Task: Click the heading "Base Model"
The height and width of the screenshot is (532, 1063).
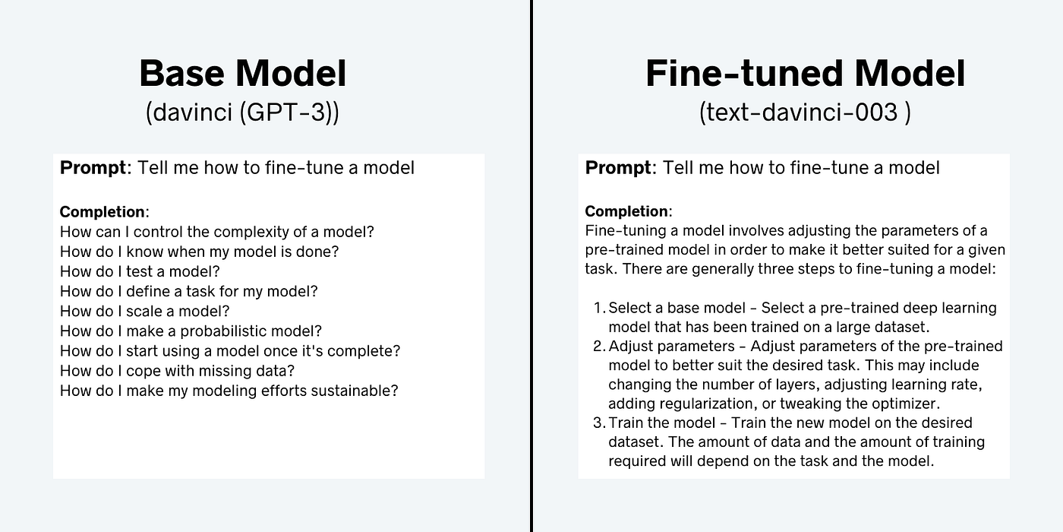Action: coord(242,74)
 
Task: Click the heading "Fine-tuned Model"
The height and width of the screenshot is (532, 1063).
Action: coord(805,74)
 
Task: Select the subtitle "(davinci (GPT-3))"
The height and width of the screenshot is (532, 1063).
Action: coord(242,112)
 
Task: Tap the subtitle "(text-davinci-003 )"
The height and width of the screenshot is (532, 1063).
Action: coord(805,112)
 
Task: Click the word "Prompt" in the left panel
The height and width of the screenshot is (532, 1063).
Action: coord(93,168)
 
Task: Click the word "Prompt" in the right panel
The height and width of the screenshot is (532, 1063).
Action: coord(618,168)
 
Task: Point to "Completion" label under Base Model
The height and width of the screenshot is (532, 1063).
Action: coord(103,212)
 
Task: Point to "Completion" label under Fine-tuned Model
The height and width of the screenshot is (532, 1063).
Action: coord(627,212)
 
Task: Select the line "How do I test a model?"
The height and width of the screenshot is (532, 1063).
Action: coord(140,271)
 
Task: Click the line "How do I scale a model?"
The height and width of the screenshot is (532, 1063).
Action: coord(144,311)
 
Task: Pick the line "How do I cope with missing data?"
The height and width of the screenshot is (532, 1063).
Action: coord(177,371)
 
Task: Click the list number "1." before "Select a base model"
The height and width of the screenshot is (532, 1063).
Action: coord(598,308)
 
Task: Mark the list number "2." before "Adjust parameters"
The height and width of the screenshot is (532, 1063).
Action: coord(598,347)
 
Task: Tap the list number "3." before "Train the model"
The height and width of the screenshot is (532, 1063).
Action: coord(598,423)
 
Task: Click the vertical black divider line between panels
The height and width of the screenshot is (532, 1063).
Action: coord(531,266)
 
